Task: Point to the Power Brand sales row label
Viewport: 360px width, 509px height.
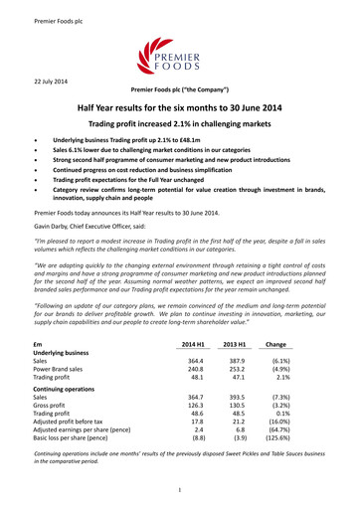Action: click(x=67, y=376)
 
